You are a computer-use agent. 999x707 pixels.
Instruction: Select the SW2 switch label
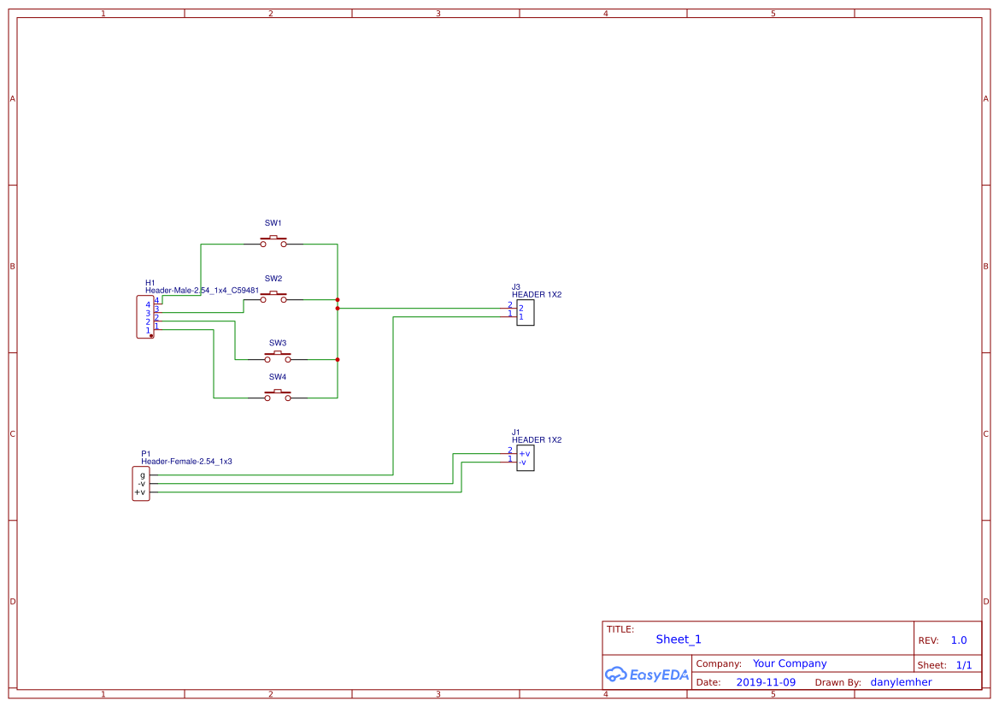pyautogui.click(x=273, y=279)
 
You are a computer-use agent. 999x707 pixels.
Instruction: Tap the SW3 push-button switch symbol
pyautogui.click(x=278, y=357)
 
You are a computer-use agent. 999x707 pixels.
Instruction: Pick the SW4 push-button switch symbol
pyautogui.click(x=278, y=395)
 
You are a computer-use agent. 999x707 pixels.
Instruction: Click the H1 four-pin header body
pyautogui.click(x=145, y=317)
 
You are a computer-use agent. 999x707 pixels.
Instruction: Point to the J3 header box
pyautogui.click(x=526, y=313)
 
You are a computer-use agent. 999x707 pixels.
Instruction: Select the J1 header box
pyautogui.click(x=526, y=458)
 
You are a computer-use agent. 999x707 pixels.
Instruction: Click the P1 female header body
pyautogui.click(x=141, y=484)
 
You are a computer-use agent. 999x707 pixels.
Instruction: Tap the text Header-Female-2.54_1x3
pyautogui.click(x=186, y=462)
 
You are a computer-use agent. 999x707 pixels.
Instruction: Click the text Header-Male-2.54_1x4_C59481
pyautogui.click(x=202, y=291)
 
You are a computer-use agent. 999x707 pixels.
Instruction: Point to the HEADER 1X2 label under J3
pyautogui.click(x=537, y=295)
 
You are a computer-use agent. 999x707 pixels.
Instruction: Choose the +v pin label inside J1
pyautogui.click(x=524, y=453)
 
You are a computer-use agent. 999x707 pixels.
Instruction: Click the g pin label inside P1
pyautogui.click(x=143, y=474)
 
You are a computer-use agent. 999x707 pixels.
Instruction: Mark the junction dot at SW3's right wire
pyautogui.click(x=338, y=360)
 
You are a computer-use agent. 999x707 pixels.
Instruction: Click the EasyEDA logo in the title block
pyautogui.click(x=646, y=675)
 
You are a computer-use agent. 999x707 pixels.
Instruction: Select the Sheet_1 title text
pyautogui.click(x=679, y=639)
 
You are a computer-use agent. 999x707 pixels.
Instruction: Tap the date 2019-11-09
pyautogui.click(x=766, y=682)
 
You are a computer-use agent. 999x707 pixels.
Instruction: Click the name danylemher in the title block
pyautogui.click(x=901, y=682)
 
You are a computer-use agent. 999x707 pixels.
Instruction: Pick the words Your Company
pyautogui.click(x=790, y=663)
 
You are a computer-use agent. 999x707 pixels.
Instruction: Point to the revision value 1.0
pyautogui.click(x=959, y=640)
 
